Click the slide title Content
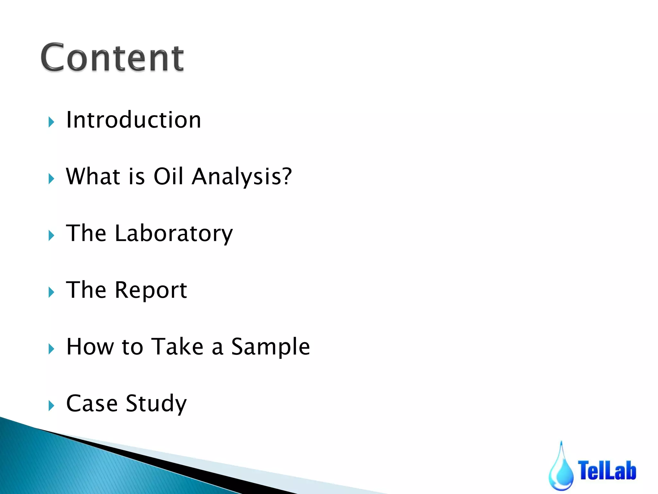pos(112,58)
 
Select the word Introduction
pos(133,120)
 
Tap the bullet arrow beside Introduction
pos(51,122)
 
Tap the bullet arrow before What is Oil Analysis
pos(51,178)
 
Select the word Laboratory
pos(173,233)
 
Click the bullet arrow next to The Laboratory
pos(51,235)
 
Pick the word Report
pos(151,290)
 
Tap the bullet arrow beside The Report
pos(51,292)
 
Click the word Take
pos(177,347)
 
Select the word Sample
pos(271,347)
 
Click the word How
pos(90,347)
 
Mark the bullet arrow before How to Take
pos(51,349)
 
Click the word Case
pos(92,403)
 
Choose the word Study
pos(156,404)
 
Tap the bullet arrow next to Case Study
pos(51,406)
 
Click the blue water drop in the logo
pos(561,470)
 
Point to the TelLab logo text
pos(607,470)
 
